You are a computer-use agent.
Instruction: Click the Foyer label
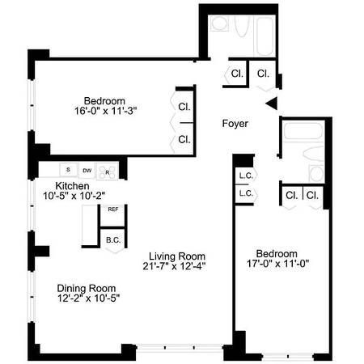pos(235,124)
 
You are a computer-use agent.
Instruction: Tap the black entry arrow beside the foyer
pos(272,102)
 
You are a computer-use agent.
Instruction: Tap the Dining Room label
pos(87,288)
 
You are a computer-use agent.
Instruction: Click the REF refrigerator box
pos(112,210)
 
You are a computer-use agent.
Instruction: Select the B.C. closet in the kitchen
pos(112,239)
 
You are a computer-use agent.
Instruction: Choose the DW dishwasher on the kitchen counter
pos(87,171)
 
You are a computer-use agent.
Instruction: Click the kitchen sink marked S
pos(68,171)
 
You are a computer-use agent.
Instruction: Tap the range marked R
pos(108,171)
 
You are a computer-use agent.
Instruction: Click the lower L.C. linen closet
pos(244,194)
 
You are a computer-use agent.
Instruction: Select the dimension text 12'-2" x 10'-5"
pos(87,299)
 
